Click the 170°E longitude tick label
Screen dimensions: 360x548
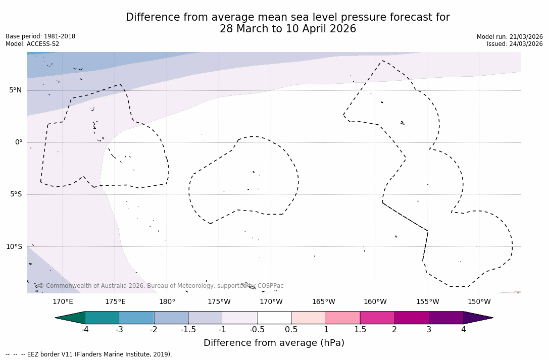[x=63, y=302]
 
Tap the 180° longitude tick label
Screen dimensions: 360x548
[x=167, y=302]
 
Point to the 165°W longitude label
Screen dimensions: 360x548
[x=323, y=302]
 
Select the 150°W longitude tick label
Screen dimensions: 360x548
[x=479, y=302]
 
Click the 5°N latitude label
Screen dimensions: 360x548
[x=15, y=90]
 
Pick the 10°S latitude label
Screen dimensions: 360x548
[x=14, y=247]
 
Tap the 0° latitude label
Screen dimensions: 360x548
[x=19, y=142]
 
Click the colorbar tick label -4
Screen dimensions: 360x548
[x=85, y=330]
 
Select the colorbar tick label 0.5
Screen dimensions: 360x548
[x=291, y=330]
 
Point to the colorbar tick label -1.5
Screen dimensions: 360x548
[x=188, y=330]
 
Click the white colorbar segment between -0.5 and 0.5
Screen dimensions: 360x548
[x=274, y=318]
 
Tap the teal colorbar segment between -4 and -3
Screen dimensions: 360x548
[x=103, y=318]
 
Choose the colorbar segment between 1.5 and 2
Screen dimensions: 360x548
[x=377, y=318]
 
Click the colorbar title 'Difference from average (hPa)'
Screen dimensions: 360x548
[x=274, y=343]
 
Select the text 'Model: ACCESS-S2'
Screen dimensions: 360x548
[x=32, y=44]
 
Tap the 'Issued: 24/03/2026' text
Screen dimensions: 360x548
[x=515, y=44]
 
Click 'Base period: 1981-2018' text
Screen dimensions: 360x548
[x=40, y=36]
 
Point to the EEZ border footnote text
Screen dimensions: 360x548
[x=89, y=354]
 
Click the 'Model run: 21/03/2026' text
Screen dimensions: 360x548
[x=510, y=37]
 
